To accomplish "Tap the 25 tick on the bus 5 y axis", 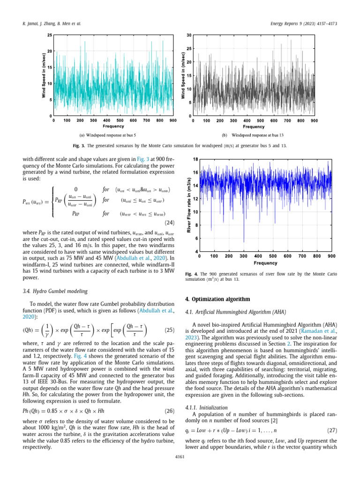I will [49, 35].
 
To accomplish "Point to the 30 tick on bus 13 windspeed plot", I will [189, 35].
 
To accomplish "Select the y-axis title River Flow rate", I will [189, 206].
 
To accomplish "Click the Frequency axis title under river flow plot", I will [265, 263].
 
